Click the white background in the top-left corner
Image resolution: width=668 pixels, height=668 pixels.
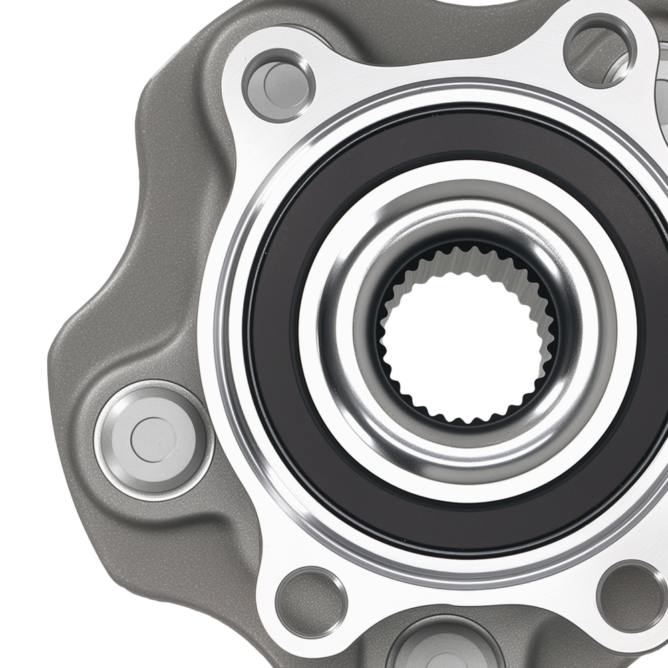pyautogui.click(x=40, y=40)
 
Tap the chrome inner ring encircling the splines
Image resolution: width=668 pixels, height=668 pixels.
pyautogui.click(x=347, y=267)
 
